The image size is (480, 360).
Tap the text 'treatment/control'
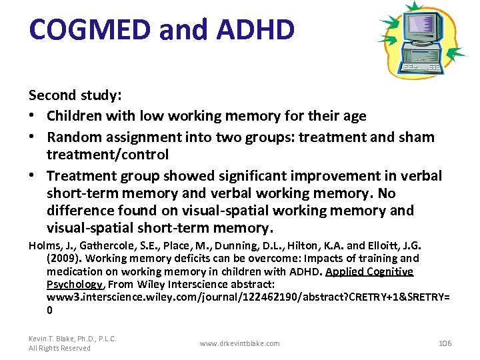[107, 154]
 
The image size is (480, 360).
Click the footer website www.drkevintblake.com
[240, 343]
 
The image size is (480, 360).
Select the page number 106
[445, 343]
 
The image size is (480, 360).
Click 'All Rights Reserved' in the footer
[59, 348]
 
